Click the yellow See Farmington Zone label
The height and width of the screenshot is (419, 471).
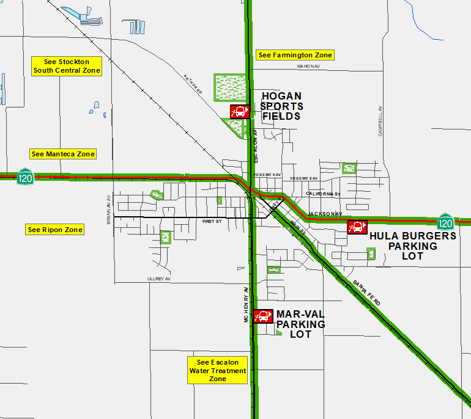click(295, 55)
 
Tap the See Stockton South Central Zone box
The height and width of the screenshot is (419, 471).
click(66, 66)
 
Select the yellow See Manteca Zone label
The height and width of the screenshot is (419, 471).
click(63, 154)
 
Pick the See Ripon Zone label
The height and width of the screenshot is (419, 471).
click(55, 230)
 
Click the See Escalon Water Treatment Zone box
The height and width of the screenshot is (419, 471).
click(217, 370)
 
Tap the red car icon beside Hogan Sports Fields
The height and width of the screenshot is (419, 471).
click(239, 112)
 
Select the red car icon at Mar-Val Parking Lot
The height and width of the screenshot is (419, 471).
click(263, 316)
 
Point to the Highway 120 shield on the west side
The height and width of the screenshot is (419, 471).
click(25, 177)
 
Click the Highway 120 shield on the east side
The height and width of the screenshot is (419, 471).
click(446, 223)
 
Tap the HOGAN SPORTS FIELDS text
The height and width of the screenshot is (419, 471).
click(281, 106)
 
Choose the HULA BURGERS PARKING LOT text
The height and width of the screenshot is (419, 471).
click(413, 246)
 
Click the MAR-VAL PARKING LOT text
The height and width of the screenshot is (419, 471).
click(300, 324)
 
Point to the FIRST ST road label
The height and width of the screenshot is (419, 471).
click(212, 221)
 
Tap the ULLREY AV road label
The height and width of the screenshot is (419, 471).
click(158, 279)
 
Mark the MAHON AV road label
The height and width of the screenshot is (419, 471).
click(309, 66)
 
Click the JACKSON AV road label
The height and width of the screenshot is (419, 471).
click(322, 213)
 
